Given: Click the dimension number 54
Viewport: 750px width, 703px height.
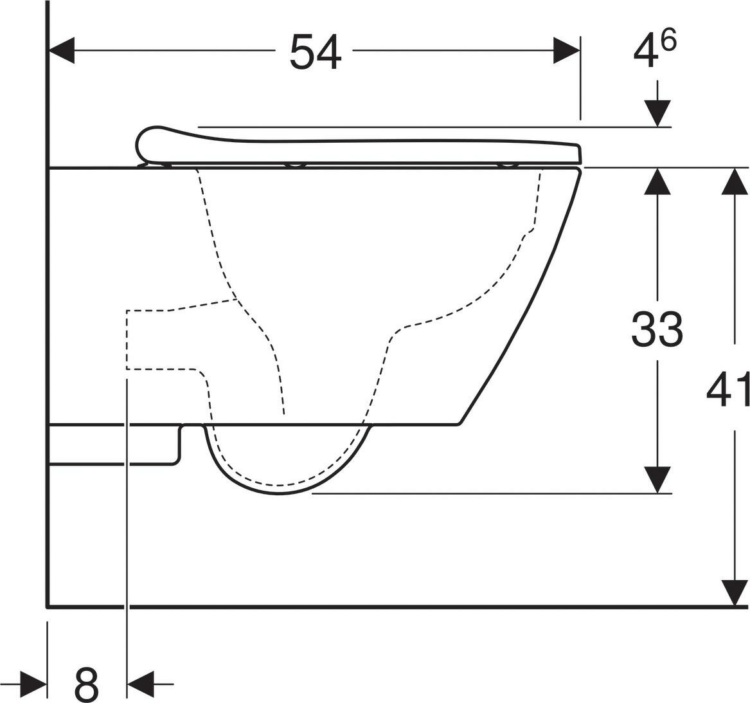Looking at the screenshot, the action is [x=316, y=51].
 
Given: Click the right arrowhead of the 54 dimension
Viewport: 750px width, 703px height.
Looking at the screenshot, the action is [x=567, y=50].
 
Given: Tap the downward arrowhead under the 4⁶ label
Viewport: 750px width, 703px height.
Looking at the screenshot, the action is [x=657, y=114].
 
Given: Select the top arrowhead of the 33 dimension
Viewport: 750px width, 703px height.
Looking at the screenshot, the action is [x=657, y=181].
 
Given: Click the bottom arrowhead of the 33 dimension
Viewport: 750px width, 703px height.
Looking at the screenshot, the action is [x=657, y=480].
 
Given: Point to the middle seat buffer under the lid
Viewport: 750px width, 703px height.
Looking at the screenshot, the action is [x=296, y=166].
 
